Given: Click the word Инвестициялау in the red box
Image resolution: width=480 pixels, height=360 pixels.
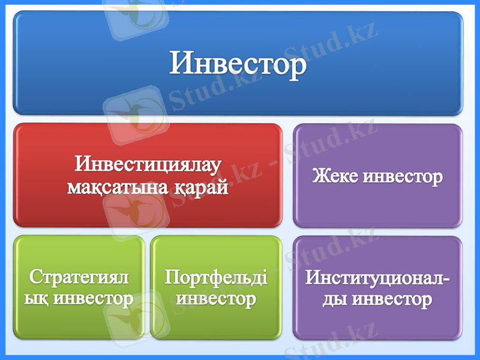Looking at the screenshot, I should [x=148, y=164].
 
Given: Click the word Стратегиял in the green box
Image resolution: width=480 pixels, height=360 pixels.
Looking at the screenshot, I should [x=79, y=277].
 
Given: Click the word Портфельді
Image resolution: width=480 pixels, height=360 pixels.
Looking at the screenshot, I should [x=216, y=277].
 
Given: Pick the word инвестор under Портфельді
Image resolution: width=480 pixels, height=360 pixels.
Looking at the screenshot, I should [x=216, y=298].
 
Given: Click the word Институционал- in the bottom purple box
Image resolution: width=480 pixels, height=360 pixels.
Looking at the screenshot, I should [x=378, y=278].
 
